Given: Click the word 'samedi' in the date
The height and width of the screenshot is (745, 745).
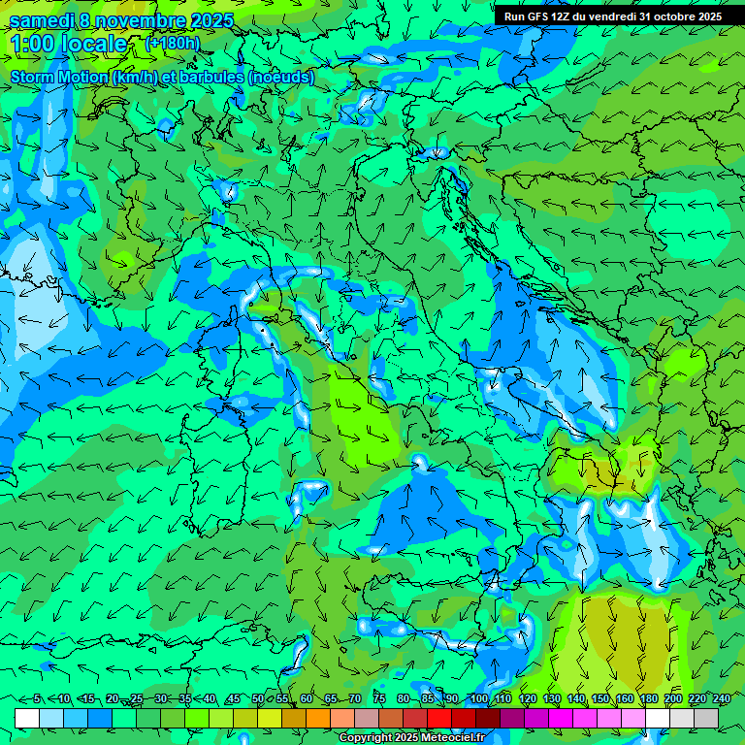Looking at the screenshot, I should (42, 20).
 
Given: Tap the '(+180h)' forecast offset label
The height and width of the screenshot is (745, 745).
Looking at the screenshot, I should (172, 43).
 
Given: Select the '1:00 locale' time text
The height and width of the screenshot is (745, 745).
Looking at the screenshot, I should (68, 44).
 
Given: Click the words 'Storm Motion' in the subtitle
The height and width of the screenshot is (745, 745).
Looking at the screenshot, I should (59, 77).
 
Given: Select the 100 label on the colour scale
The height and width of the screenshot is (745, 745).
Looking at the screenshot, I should (478, 698).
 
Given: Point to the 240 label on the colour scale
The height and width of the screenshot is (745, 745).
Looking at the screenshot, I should (722, 698).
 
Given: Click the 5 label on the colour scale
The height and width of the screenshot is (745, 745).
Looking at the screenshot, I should (37, 698).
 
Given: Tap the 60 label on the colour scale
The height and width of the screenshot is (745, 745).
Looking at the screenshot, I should (307, 698).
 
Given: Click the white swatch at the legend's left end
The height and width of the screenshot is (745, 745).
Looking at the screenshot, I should (27, 718).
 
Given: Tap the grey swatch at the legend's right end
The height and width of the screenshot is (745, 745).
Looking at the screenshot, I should (706, 718).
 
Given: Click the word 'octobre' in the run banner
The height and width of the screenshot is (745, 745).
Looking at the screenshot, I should (674, 16).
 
